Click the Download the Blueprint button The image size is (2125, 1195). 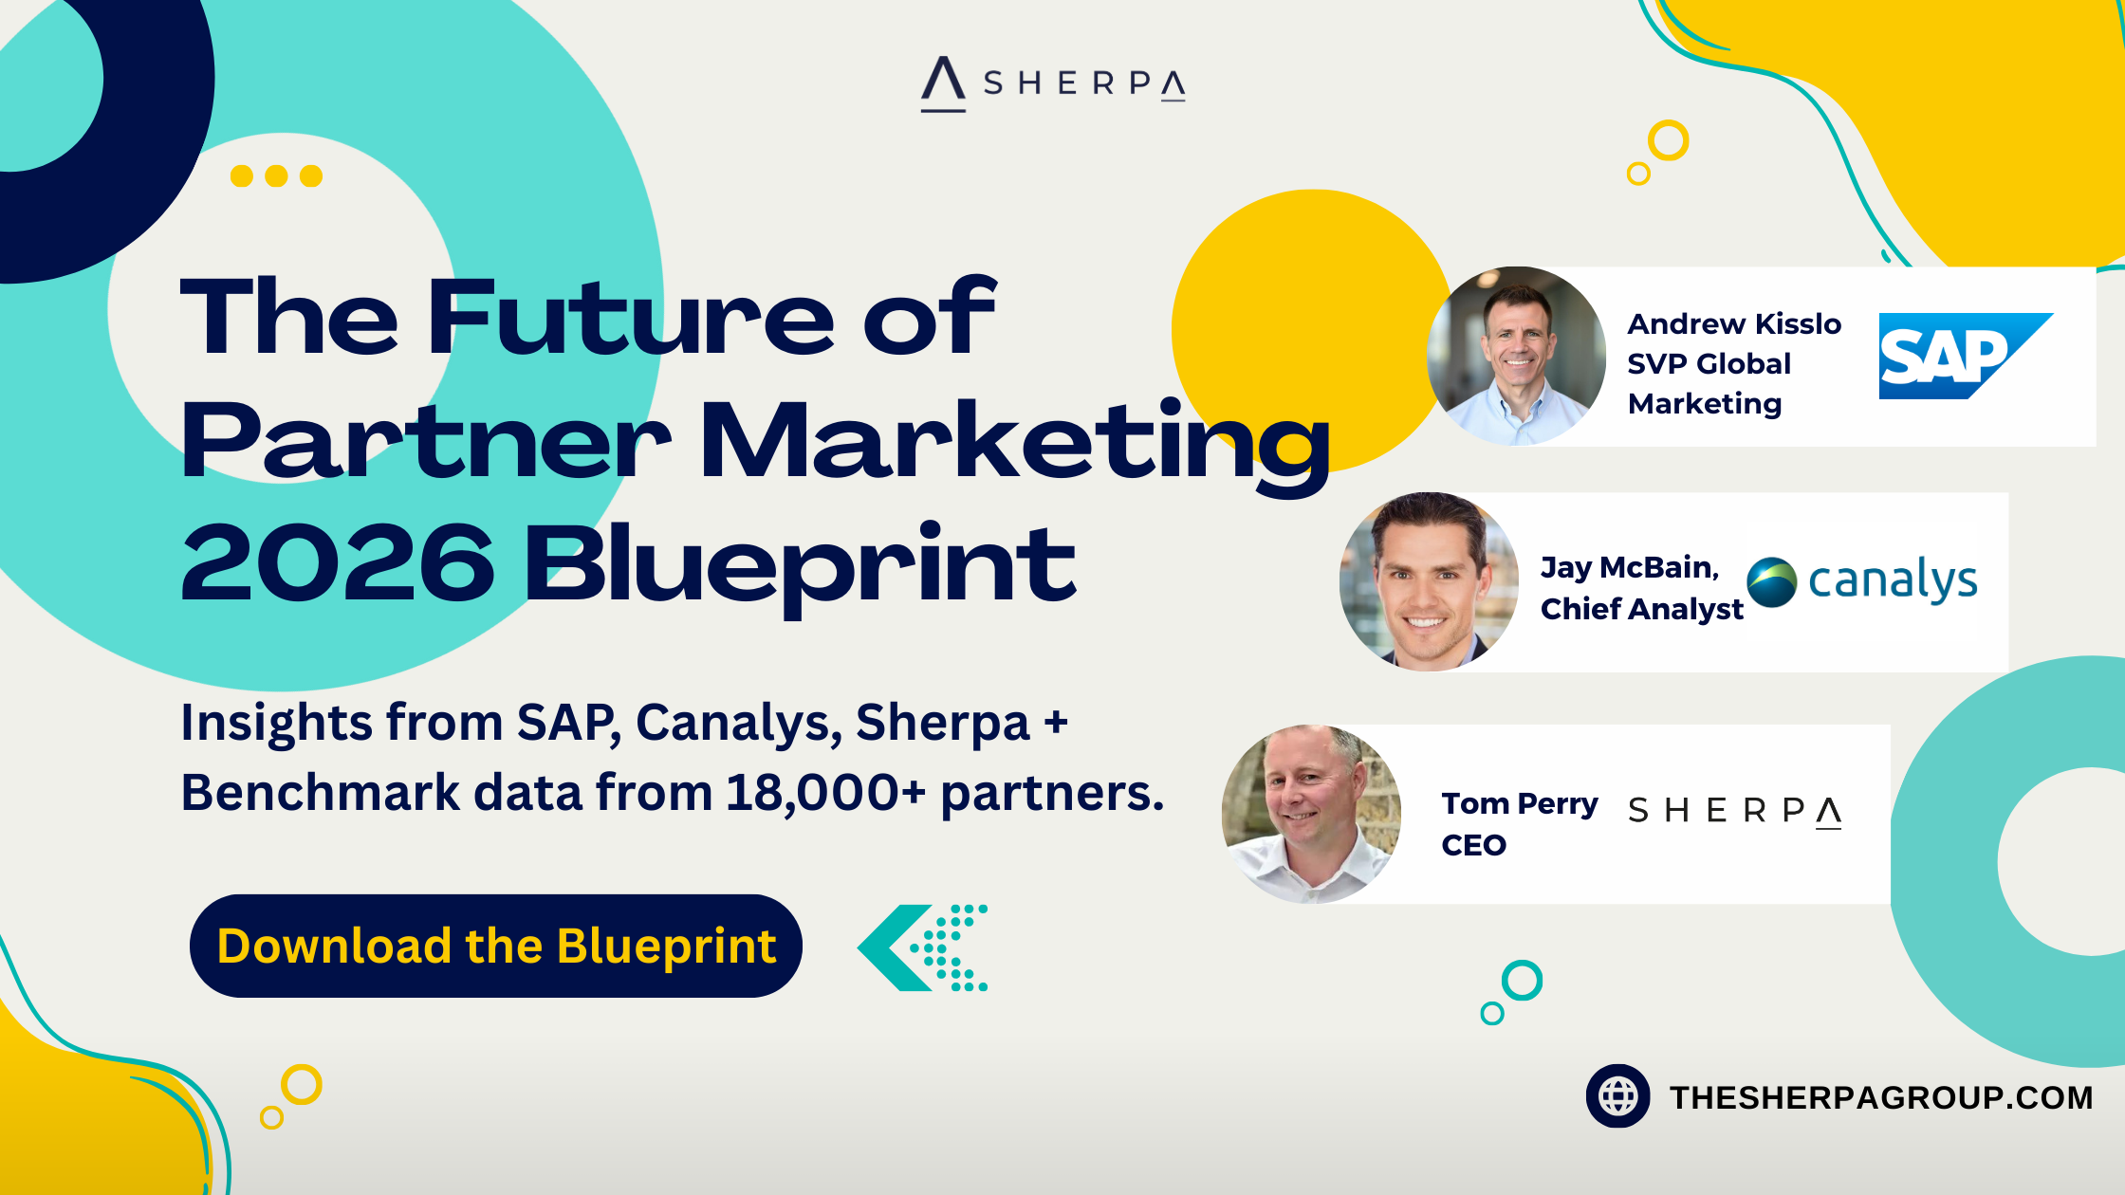pos(496,946)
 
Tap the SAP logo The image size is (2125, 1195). pos(1966,356)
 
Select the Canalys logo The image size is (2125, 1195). pos(1862,580)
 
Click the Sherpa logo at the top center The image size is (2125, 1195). pos(1053,83)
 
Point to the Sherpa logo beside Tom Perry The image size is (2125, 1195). pos(1735,811)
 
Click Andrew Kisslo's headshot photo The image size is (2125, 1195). pos(1516,356)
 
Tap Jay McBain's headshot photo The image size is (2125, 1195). pos(1429,581)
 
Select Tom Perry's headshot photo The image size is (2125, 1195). pos(1311,814)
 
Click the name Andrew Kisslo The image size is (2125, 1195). pos(1734,324)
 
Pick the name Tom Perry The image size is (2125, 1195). pos(1520,804)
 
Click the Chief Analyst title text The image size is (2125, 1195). pos(1642,609)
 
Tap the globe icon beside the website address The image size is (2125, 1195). pos(1618,1096)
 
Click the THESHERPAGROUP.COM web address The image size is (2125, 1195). pos(1881,1097)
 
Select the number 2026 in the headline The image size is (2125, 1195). pos(339,563)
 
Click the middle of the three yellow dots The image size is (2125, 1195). pos(276,175)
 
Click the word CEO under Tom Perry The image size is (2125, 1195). pos(1473,845)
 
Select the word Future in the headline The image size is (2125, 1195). pos(631,318)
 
